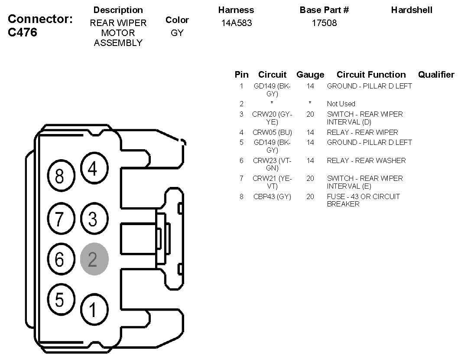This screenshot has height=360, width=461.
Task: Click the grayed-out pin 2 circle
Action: pos(94,259)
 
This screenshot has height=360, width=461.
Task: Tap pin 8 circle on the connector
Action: pos(59,176)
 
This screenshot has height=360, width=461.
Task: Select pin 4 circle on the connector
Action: pos(92,169)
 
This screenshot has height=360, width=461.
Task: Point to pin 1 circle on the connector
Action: pos(92,309)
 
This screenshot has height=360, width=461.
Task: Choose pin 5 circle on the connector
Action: pos(59,299)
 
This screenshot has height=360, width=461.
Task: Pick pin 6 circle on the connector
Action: pos(59,259)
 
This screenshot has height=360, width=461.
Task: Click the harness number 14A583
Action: pos(236,23)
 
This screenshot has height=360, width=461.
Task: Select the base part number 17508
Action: pos(324,23)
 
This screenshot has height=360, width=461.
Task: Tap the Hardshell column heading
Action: pos(412,10)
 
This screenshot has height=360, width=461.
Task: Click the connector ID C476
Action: pos(23,33)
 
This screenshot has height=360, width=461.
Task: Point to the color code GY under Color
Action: pos(177,33)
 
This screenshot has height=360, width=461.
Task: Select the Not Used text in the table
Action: pos(341,104)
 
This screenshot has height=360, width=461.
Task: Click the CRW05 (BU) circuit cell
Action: pos(272,132)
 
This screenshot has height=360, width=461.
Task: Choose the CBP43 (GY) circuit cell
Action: pos(272,196)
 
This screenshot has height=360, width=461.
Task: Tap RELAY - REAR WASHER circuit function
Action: pos(366,160)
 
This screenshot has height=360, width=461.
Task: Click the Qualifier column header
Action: pos(436,75)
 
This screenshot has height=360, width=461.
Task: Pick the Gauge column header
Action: pos(310,75)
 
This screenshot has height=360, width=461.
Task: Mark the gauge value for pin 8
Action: pos(310,196)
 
